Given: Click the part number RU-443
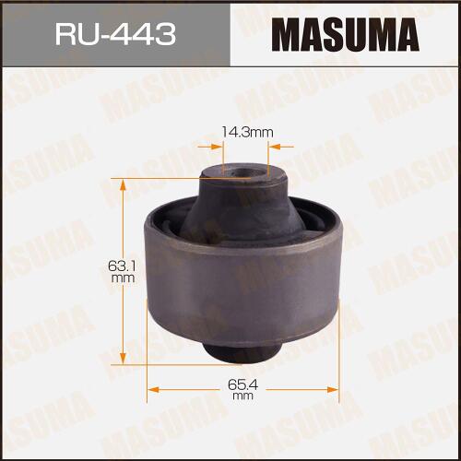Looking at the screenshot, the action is (115, 35).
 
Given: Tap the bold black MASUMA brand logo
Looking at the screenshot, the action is (346, 34).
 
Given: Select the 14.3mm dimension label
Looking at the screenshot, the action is (247, 133).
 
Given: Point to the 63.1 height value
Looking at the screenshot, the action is (123, 266).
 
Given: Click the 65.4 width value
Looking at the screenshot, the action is (242, 384).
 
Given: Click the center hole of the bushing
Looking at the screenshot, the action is (242, 172).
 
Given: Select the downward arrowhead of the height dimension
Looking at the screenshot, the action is (123, 357).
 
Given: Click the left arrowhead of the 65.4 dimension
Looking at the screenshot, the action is (154, 390).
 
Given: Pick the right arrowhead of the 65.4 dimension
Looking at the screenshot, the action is (332, 390).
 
